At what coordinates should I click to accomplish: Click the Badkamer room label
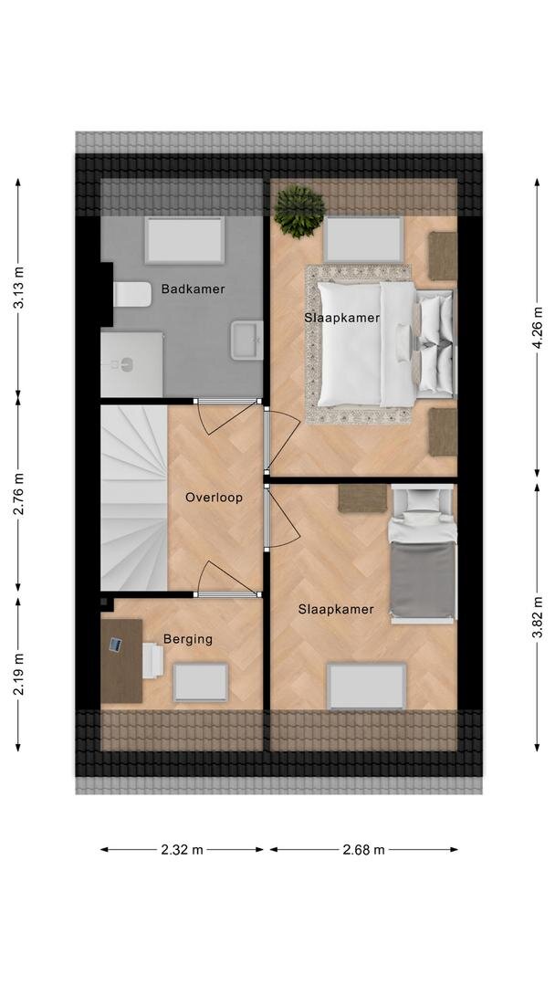coord(193,289)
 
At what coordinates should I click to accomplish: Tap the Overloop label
coord(214,498)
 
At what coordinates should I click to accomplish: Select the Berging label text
coord(188,639)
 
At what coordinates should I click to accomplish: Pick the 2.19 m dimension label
coord(19,674)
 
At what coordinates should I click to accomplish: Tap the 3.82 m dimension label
coord(538,617)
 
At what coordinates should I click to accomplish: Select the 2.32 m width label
coord(183,850)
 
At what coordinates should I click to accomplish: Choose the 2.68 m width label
coord(363,850)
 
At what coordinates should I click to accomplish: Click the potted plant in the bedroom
coord(299,211)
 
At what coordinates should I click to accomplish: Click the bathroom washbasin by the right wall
coord(246,341)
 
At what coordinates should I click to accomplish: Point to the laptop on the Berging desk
coord(116,645)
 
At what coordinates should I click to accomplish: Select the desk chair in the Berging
coord(152,660)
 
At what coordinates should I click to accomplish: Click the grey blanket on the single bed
coord(423,581)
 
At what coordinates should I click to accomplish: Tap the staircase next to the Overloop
coord(134,498)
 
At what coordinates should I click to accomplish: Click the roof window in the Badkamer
coord(184,241)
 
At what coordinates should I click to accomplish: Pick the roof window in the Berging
coord(201,682)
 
